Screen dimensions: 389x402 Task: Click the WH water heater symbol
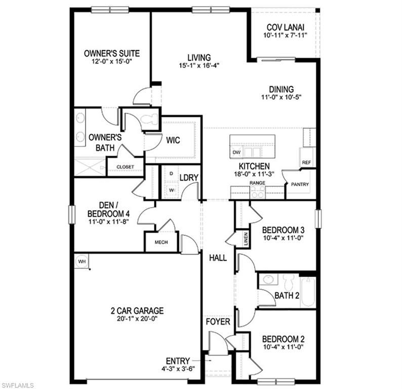coord(82,261)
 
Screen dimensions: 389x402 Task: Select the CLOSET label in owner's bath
coord(126,167)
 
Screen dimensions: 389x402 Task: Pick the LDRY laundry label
coord(188,177)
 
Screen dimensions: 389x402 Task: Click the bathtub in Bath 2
coord(308,292)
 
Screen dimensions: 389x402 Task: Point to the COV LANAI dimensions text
coord(285,36)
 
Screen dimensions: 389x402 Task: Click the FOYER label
coord(218,322)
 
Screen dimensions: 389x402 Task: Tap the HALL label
coord(218,258)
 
